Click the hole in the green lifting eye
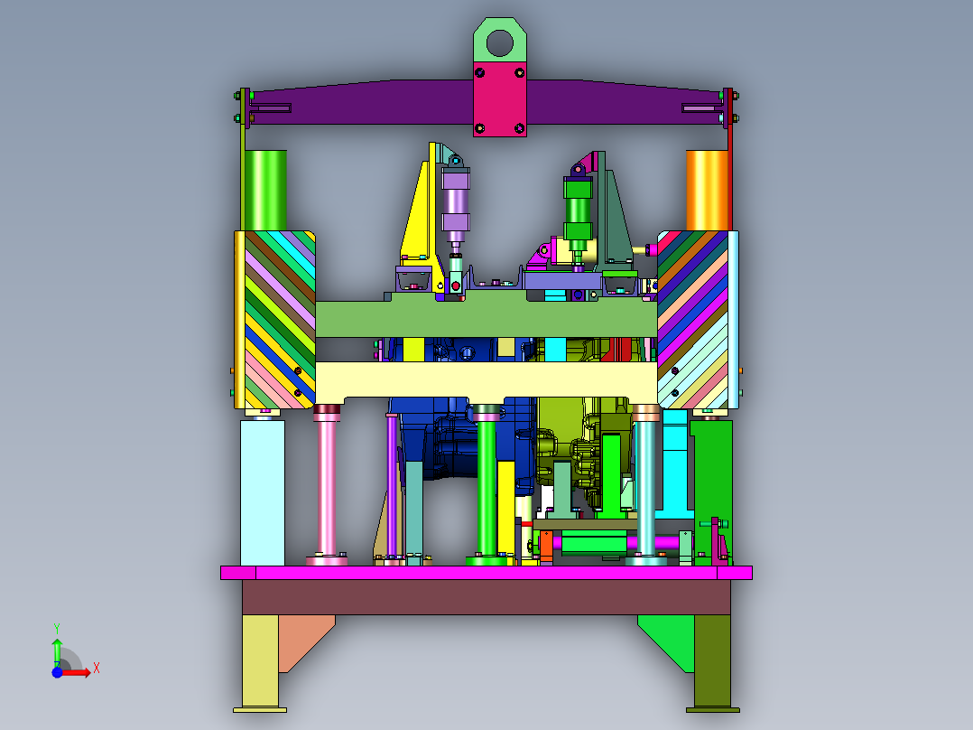pos(499,43)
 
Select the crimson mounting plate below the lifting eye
pos(499,99)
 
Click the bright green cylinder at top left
pos(265,190)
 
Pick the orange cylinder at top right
pos(707,190)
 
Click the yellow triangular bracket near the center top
pos(417,211)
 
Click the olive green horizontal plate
pos(486,319)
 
